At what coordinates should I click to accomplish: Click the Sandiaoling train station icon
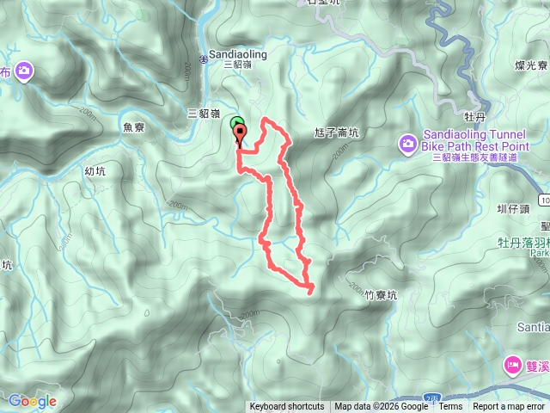pyautogui.click(x=204, y=58)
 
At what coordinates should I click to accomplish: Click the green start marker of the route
pyautogui.click(x=236, y=125)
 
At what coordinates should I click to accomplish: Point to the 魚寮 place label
pyautogui.click(x=133, y=126)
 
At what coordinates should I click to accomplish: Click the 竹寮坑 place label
pyautogui.click(x=381, y=294)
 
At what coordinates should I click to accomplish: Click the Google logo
pyautogui.click(x=32, y=401)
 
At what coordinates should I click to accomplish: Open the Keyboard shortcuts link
pyautogui.click(x=287, y=407)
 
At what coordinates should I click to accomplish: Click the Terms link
pyautogui.click(x=450, y=407)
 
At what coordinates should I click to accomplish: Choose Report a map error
pyautogui.click(x=509, y=407)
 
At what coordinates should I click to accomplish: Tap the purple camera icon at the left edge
pyautogui.click(x=26, y=71)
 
